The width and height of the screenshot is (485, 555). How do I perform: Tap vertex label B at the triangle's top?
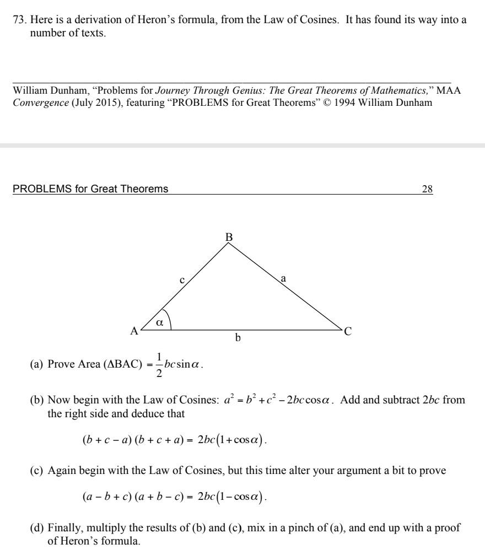point(229,237)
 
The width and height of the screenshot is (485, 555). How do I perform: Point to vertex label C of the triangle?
point(348,331)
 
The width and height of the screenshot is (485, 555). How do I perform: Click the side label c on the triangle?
point(182,281)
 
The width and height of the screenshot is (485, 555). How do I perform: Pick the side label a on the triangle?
point(283,279)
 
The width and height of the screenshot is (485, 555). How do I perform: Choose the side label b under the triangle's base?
point(238,338)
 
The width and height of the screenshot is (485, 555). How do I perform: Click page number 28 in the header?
point(427,189)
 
